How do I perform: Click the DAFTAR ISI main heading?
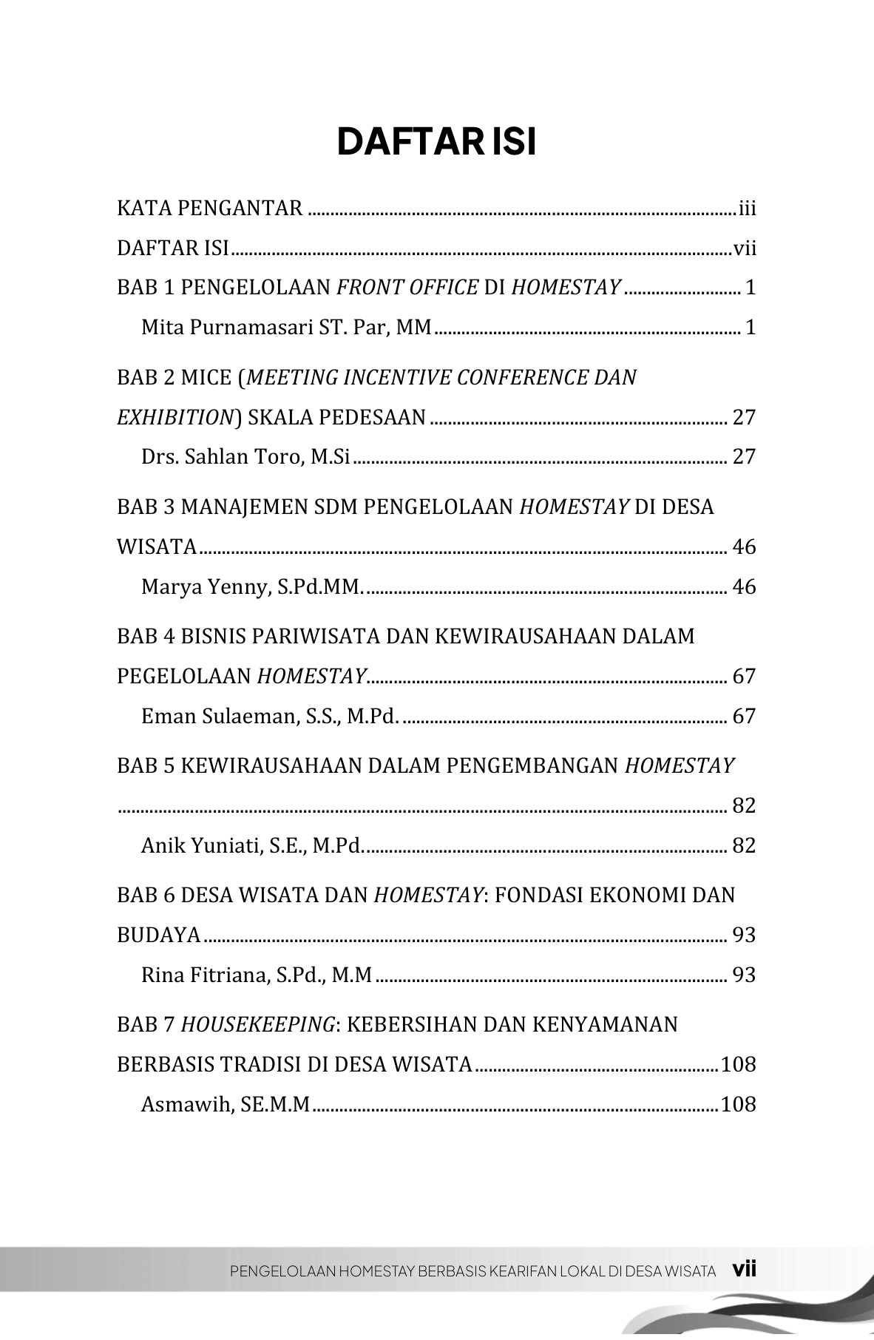click(436, 142)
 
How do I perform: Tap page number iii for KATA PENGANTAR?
click(747, 209)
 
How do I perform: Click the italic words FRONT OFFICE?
click(407, 287)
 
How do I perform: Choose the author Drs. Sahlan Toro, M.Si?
click(245, 457)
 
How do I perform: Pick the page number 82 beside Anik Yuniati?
click(744, 845)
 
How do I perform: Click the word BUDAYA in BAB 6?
click(158, 935)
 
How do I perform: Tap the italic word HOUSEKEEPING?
click(258, 1025)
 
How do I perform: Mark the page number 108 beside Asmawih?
click(738, 1105)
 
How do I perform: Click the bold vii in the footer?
click(744, 1270)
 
